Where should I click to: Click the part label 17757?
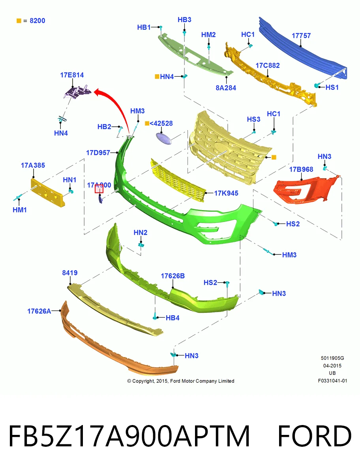301,36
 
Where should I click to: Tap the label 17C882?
268,66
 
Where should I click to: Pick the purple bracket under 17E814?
78,92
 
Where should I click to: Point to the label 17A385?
33,165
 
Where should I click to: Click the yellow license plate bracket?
47,193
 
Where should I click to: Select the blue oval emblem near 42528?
164,138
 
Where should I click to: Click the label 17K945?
226,193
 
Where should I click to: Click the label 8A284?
226,88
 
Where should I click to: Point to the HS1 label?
332,87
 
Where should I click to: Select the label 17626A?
39,311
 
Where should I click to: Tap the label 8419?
69,273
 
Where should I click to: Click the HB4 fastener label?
172,318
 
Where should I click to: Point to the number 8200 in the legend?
37,21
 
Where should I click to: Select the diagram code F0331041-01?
332,381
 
